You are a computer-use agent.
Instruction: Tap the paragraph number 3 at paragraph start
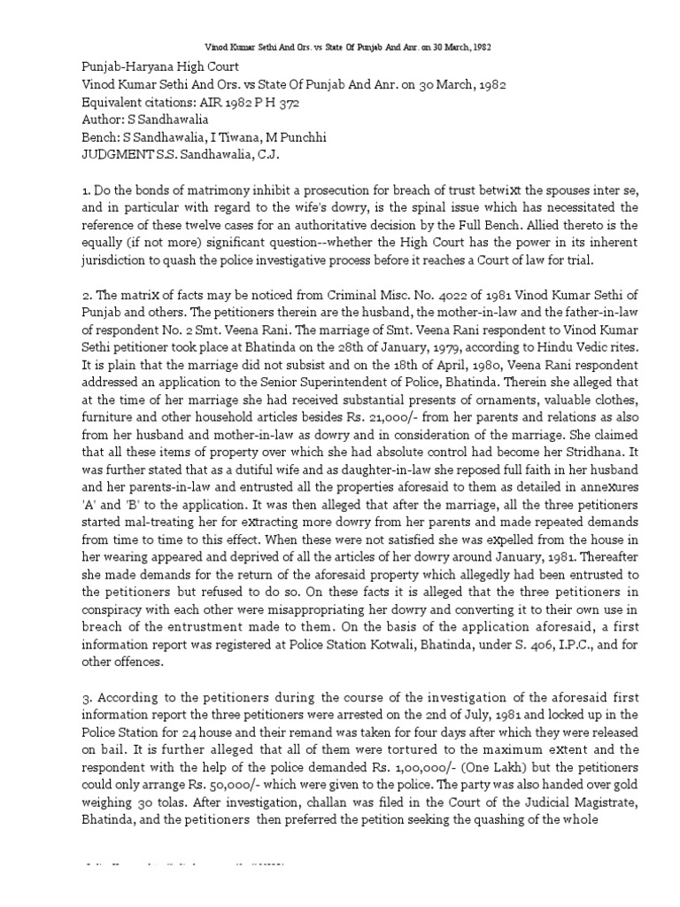(x=60, y=703)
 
